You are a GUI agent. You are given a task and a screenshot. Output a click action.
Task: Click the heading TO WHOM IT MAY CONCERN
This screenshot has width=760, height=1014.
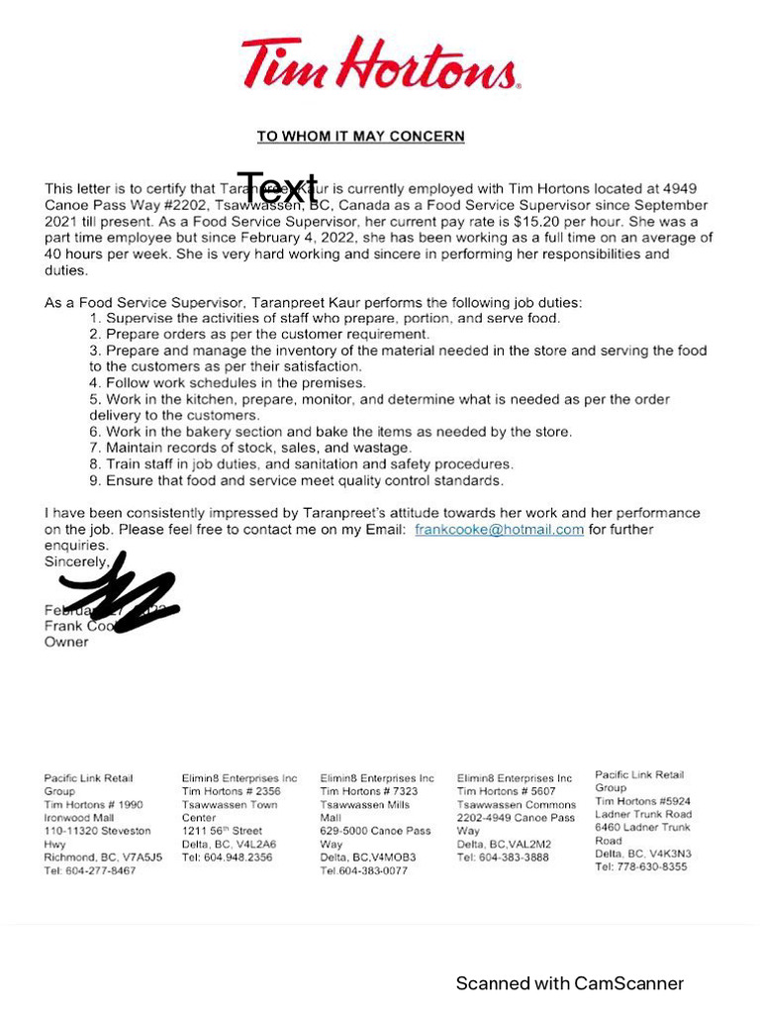[360, 137]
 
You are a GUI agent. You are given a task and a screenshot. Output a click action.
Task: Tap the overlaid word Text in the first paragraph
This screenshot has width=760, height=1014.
[277, 188]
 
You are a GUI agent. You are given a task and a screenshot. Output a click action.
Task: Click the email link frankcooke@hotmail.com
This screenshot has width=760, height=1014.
[499, 530]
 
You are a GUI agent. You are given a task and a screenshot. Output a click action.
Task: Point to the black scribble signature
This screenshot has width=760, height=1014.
[121, 594]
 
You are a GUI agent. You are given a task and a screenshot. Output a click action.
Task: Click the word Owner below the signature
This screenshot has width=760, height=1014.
[66, 642]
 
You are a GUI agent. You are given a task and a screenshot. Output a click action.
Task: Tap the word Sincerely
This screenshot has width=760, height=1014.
[77, 561]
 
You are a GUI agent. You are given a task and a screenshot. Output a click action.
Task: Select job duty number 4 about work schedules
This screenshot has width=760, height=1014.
[228, 383]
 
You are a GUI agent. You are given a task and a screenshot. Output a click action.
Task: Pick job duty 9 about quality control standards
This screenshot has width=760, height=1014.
[297, 480]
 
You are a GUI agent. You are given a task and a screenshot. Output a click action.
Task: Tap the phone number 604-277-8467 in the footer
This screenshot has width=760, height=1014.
[90, 870]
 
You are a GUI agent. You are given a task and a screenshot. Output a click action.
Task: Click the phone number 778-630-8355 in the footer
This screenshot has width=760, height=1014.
[641, 866]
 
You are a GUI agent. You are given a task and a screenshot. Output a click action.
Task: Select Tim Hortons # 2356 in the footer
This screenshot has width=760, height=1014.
[231, 791]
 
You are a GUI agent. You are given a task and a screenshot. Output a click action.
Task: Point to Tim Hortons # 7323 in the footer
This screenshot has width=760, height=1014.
[368, 791]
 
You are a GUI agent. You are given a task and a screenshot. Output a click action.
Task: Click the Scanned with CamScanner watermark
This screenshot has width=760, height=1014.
[569, 983]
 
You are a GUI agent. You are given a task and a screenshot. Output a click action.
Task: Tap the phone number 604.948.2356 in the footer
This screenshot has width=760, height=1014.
[227, 858]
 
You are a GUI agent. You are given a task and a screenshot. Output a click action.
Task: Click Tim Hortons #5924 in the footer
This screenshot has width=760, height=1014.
[642, 801]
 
